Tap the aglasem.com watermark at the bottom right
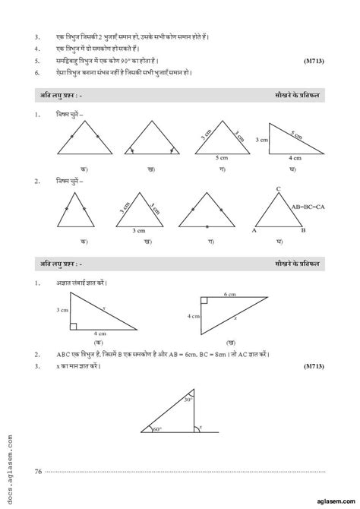pos(328,498)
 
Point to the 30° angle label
pos(189,400)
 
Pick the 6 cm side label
pos(231,294)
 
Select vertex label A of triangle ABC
pos(254,231)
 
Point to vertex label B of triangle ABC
pos(303,231)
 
